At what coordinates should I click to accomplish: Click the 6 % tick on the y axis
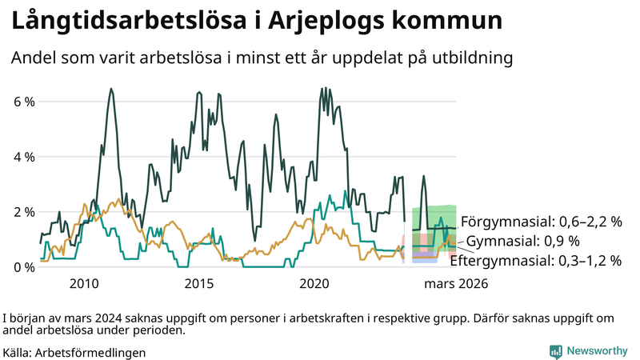(23, 102)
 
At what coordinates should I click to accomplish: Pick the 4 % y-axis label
(23, 157)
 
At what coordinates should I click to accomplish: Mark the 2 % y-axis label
(23, 212)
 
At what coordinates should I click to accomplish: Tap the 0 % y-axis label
(23, 266)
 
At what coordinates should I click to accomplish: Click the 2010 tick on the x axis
(84, 284)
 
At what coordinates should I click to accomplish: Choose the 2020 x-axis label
(314, 284)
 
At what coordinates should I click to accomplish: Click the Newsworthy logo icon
(555, 351)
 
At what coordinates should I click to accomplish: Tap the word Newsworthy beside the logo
(597, 351)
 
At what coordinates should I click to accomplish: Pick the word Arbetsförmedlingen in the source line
(90, 352)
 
